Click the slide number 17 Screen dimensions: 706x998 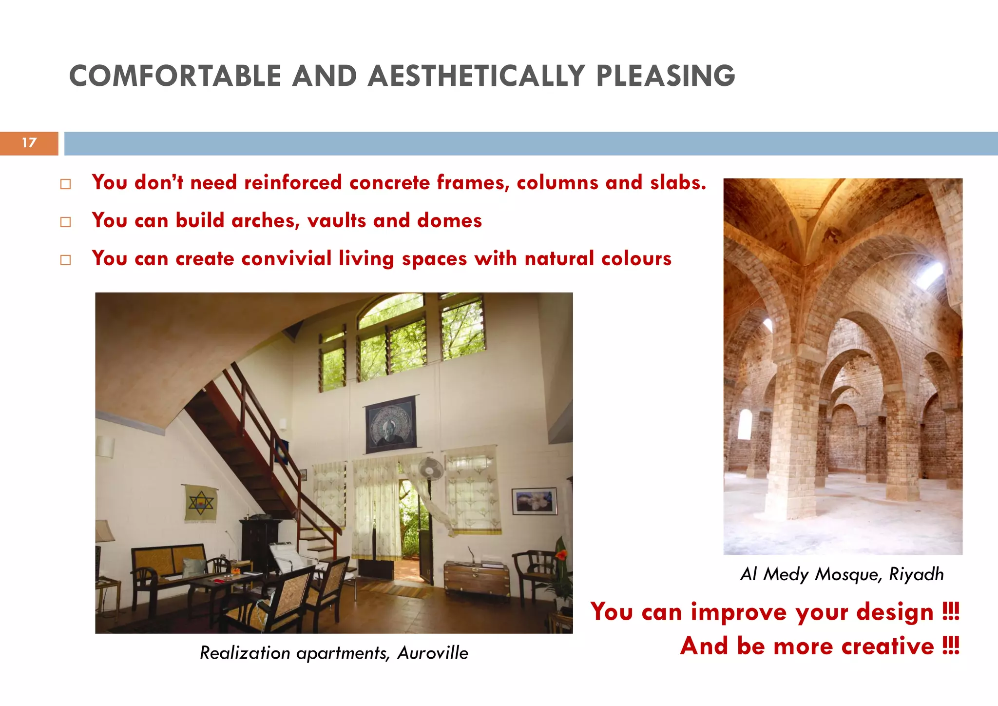point(29,143)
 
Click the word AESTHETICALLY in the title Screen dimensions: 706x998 point(476,77)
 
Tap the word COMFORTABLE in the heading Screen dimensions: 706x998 point(175,77)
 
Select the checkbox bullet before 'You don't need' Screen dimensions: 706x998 point(65,184)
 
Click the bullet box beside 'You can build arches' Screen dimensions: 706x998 point(65,222)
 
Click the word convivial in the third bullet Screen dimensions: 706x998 point(286,258)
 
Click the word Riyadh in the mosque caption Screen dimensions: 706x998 point(916,574)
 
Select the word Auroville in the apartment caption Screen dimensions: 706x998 point(433,653)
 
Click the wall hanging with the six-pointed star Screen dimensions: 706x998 point(200,503)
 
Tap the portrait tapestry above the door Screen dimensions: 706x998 point(390,424)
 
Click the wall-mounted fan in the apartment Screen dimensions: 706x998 point(432,469)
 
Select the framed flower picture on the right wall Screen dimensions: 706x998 point(534,501)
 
